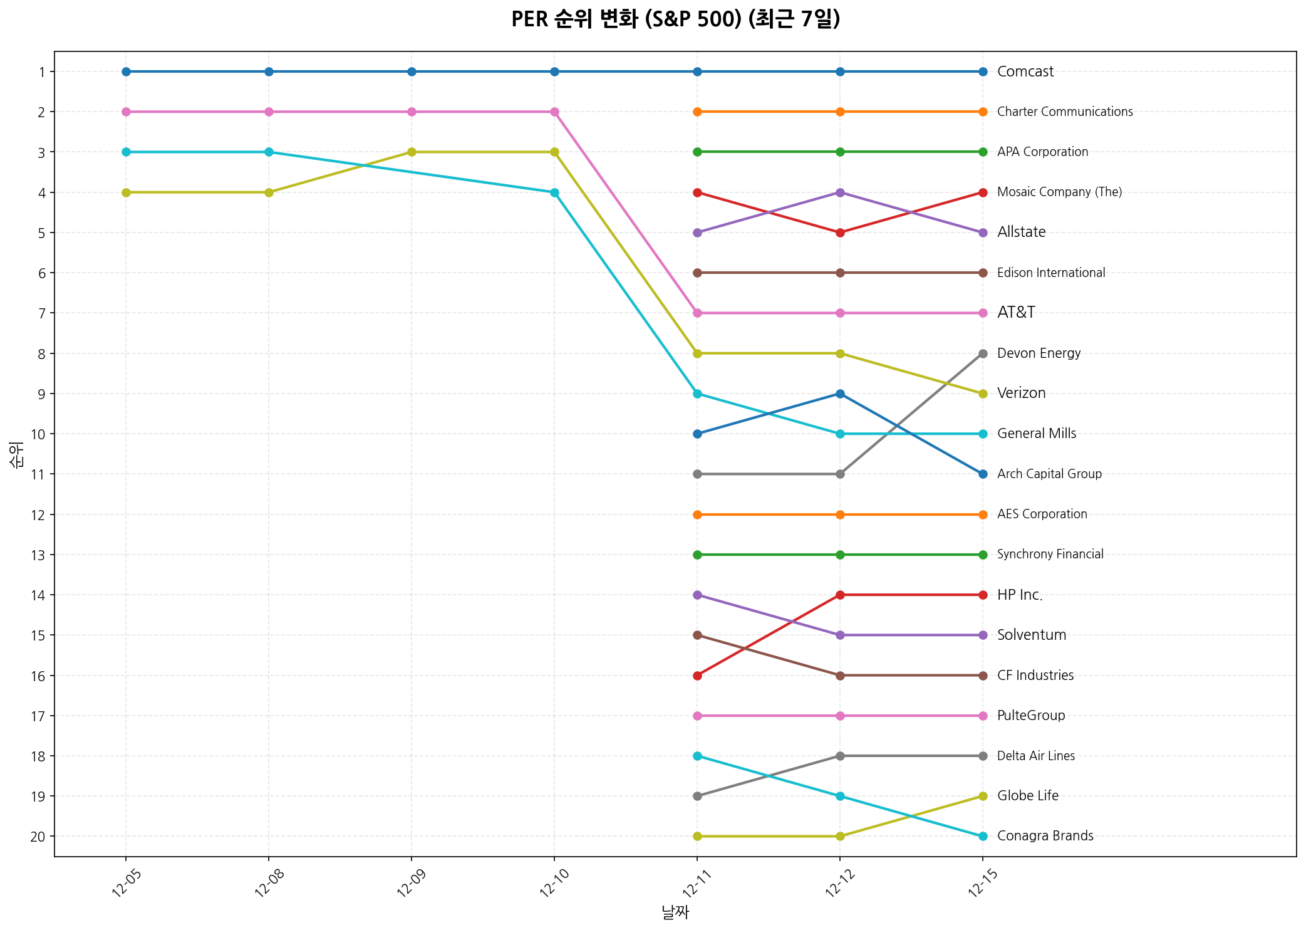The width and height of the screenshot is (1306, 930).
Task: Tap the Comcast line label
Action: (x=1025, y=71)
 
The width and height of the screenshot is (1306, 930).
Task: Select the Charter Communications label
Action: (x=1064, y=112)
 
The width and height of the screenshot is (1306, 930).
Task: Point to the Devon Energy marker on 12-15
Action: (x=983, y=353)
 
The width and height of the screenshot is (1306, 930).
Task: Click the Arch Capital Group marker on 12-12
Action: (x=840, y=394)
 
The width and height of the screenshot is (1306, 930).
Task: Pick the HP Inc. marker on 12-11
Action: (x=697, y=676)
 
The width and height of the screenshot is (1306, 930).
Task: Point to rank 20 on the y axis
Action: (x=38, y=837)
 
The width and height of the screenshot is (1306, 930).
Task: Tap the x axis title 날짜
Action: (x=675, y=912)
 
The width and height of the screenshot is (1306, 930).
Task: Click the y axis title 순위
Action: (x=17, y=454)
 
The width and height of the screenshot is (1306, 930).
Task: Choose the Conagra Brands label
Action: (x=1045, y=836)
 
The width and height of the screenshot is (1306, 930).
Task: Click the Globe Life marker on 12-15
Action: (x=983, y=796)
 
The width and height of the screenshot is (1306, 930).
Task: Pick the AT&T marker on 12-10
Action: (x=554, y=112)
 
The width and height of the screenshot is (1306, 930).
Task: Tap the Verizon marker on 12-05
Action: (x=126, y=192)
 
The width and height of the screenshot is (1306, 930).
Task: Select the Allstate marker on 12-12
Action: (x=840, y=192)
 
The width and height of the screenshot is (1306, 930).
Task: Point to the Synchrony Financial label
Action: (x=1050, y=555)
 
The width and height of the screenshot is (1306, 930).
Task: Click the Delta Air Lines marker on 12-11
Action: (x=697, y=796)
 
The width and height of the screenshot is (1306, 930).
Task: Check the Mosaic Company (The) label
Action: (x=1059, y=192)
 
